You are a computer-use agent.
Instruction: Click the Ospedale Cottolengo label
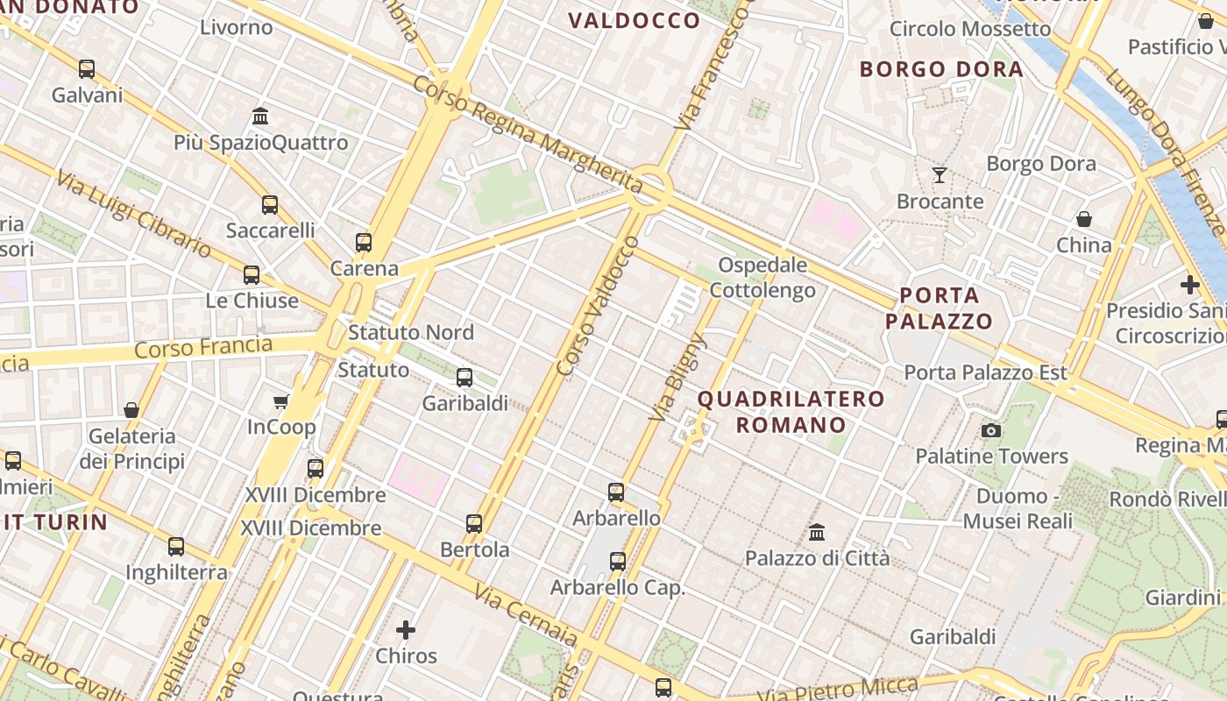click(x=762, y=277)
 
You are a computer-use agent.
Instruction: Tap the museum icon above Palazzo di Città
click(x=817, y=532)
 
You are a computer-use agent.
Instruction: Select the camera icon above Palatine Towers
click(x=991, y=430)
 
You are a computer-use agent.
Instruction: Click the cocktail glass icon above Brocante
click(x=940, y=174)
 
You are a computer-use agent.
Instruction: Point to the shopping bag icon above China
click(x=1084, y=219)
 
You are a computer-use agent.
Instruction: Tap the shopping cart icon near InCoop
click(x=280, y=401)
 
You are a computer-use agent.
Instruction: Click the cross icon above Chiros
click(x=406, y=629)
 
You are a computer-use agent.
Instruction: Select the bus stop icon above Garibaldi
click(x=465, y=378)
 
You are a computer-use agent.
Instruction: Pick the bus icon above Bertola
click(x=474, y=524)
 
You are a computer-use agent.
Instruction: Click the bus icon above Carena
click(x=364, y=243)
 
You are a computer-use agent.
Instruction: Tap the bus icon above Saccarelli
click(x=270, y=205)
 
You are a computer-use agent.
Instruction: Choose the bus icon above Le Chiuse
click(x=252, y=275)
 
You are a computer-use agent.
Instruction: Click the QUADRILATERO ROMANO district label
click(x=791, y=412)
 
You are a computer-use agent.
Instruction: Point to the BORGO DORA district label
click(x=941, y=69)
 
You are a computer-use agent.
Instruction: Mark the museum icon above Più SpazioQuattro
click(x=260, y=116)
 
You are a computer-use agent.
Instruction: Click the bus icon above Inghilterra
click(x=176, y=547)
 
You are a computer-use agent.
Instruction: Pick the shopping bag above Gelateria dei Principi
click(x=131, y=410)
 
